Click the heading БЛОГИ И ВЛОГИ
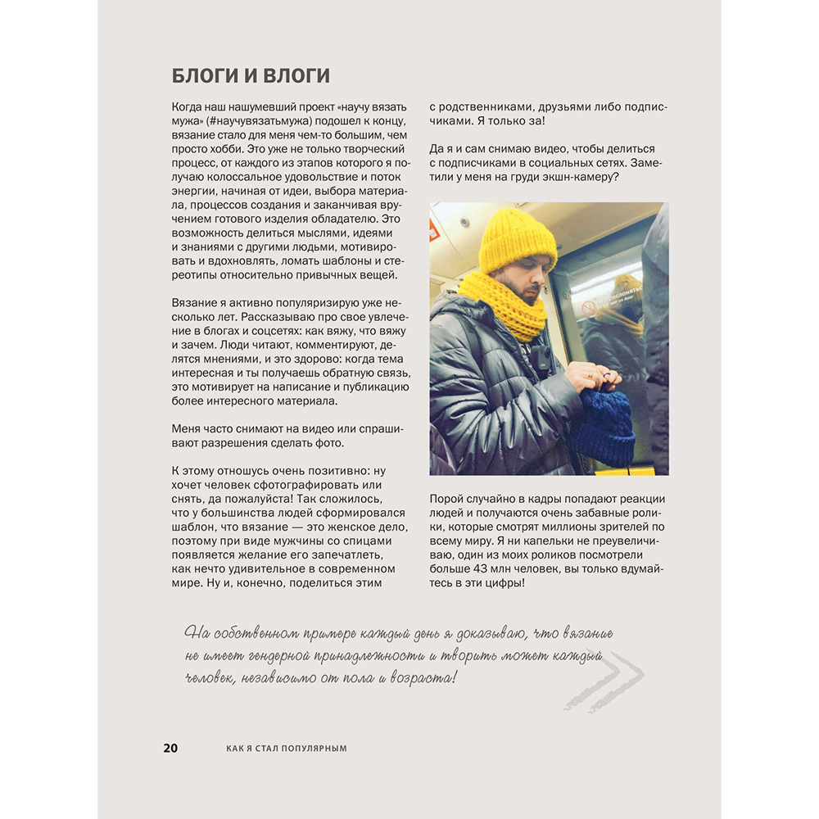(x=251, y=76)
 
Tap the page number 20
(x=170, y=748)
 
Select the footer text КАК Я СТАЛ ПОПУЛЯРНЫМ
(x=287, y=749)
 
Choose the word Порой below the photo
(x=446, y=500)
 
